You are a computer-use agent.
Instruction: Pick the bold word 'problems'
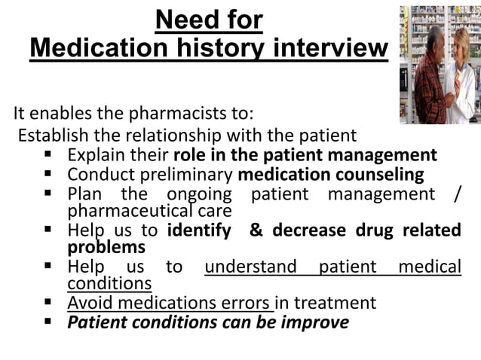point(106,247)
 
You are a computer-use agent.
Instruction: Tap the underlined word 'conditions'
point(109,284)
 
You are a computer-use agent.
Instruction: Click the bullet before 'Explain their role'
point(49,156)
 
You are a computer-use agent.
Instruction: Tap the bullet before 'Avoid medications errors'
point(49,304)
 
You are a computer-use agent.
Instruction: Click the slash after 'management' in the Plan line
point(457,194)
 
